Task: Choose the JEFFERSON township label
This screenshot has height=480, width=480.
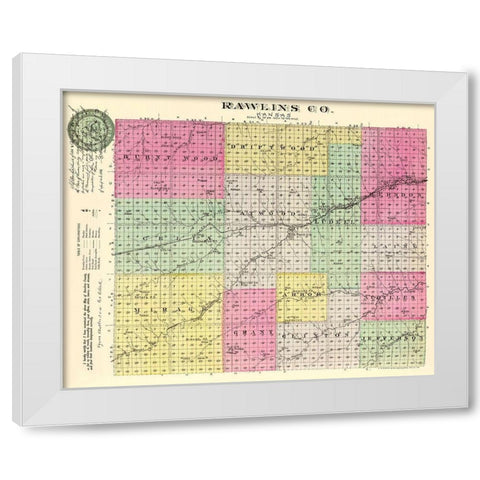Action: [393, 339]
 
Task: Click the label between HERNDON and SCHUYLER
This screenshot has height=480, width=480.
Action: [393, 242]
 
